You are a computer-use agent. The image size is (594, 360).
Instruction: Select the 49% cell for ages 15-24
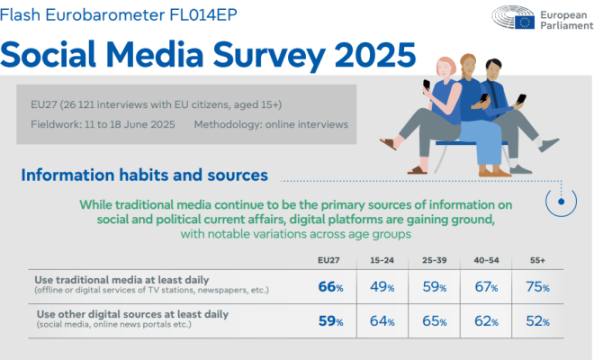(x=382, y=287)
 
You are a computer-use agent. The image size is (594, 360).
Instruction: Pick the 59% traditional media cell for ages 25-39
(x=435, y=287)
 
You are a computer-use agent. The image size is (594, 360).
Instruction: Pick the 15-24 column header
(x=382, y=261)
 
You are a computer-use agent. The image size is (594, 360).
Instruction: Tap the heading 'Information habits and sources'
(x=144, y=174)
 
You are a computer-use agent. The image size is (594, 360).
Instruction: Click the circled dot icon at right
(x=562, y=203)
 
